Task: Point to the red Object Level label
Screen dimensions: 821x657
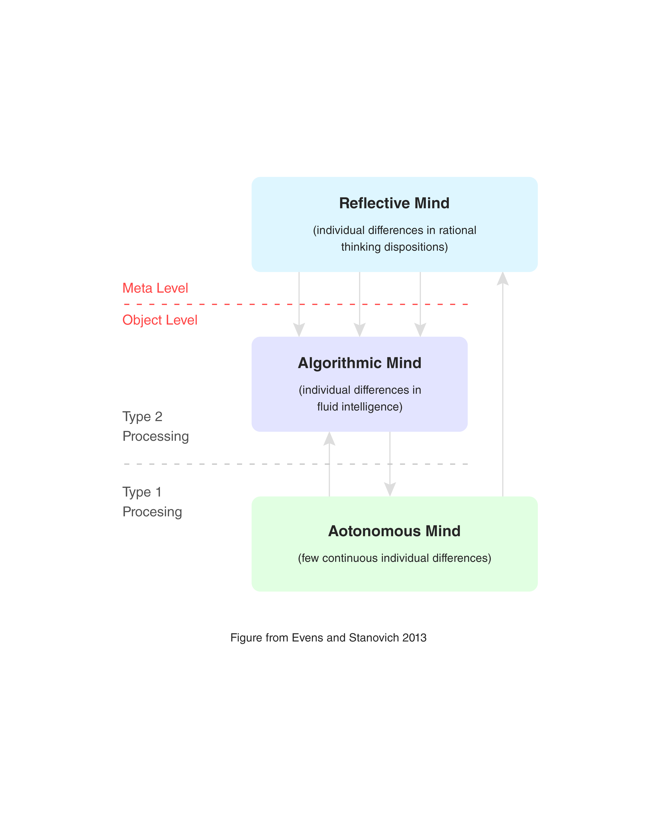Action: (x=160, y=320)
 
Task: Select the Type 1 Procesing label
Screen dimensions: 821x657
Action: (x=152, y=502)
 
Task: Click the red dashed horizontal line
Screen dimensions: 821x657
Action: (x=229, y=304)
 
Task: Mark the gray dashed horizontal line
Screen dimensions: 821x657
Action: (x=229, y=464)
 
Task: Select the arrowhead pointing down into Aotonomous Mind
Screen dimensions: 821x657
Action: (x=390, y=489)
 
